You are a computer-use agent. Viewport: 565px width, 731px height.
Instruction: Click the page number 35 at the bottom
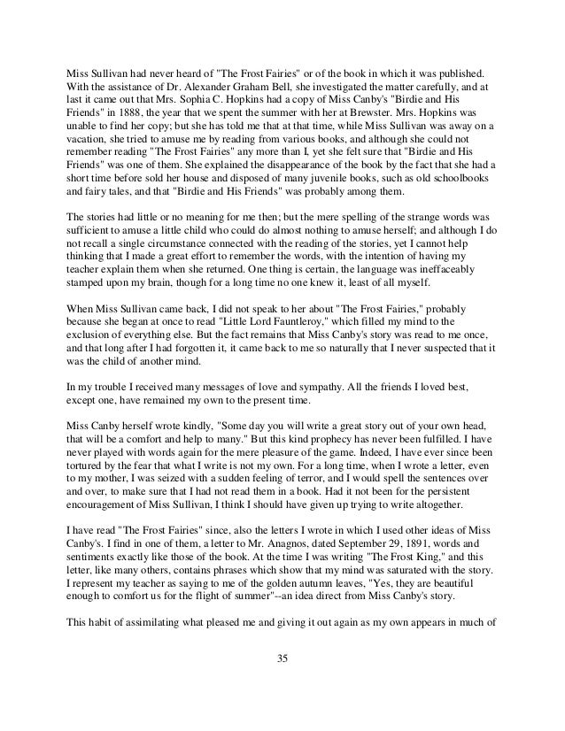(282, 682)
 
